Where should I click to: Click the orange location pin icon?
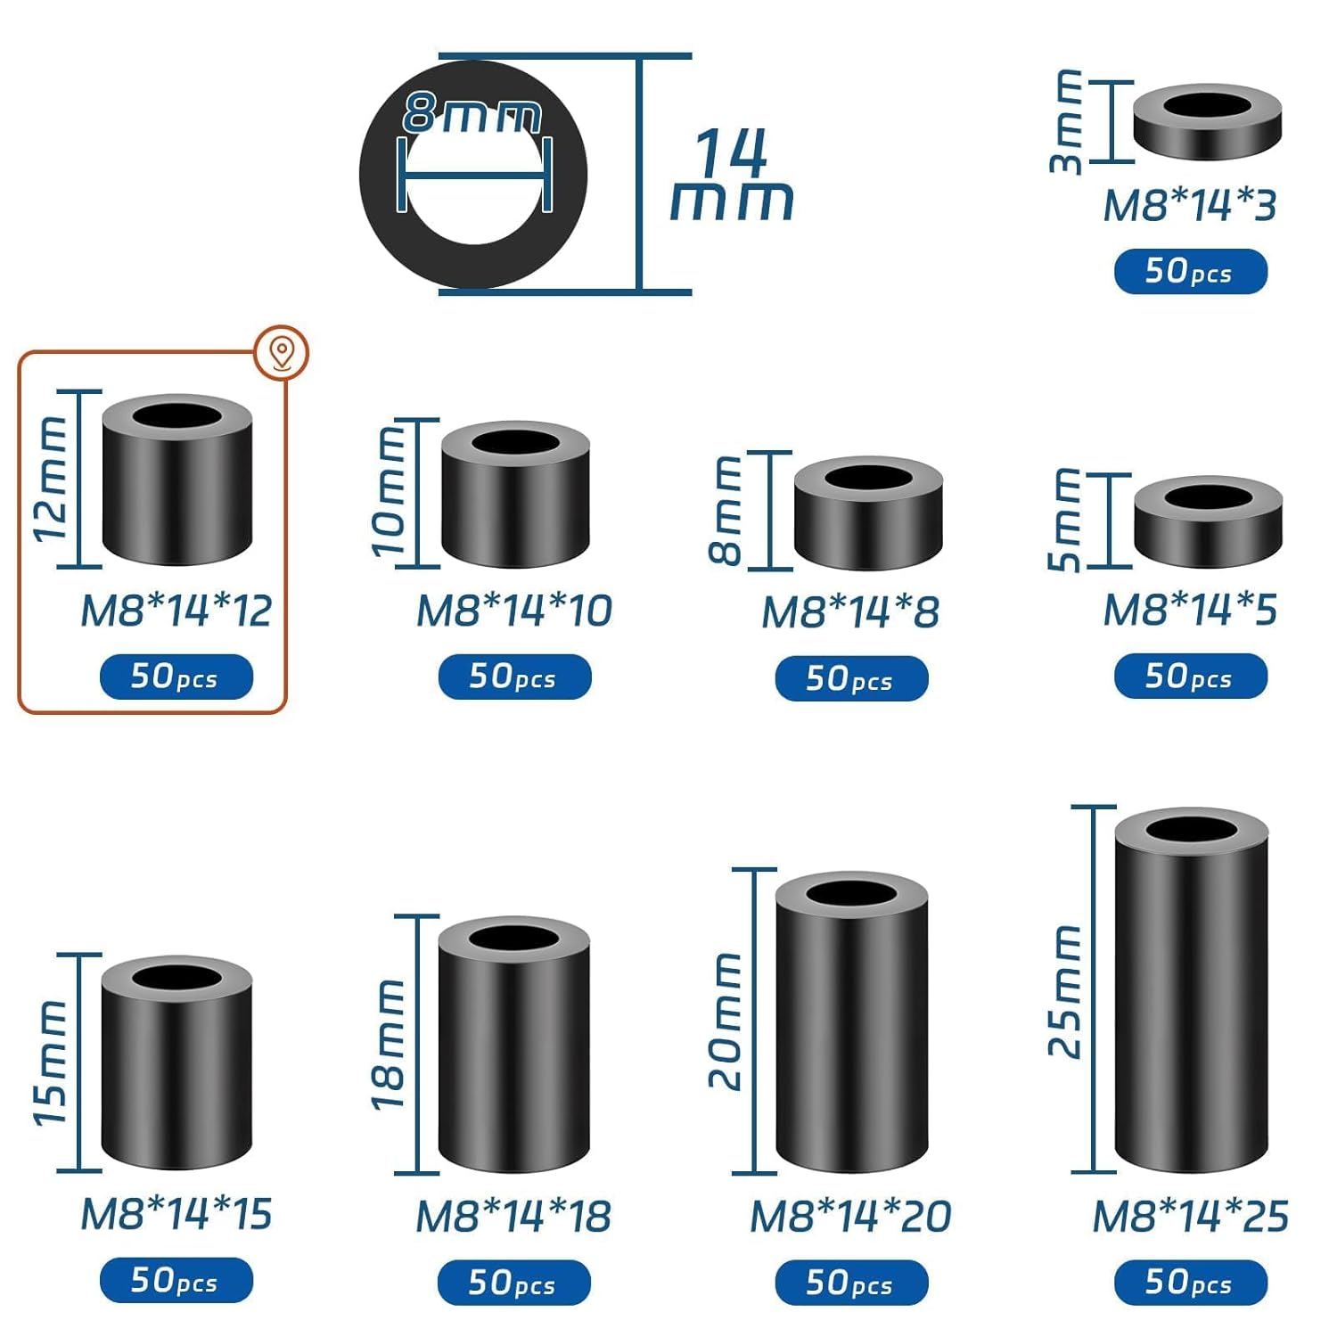click(282, 352)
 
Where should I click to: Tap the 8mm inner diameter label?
click(472, 113)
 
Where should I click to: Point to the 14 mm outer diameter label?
click(732, 175)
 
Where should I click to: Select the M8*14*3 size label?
click(1189, 205)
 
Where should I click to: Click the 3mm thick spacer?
click(1207, 121)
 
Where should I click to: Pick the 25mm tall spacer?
click(1191, 990)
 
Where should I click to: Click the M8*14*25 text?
click(1190, 1216)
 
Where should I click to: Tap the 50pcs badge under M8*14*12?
click(176, 677)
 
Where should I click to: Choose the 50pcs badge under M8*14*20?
click(851, 1283)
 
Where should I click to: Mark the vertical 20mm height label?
click(726, 1021)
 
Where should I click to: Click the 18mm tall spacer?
click(513, 1045)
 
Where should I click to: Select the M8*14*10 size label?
click(514, 611)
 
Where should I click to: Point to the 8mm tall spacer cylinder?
click(868, 513)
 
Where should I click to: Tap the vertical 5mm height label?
click(1064, 520)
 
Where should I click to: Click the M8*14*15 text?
click(176, 1214)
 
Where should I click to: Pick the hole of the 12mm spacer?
click(177, 416)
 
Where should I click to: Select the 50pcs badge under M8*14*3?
click(1191, 271)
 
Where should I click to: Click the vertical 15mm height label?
click(50, 1062)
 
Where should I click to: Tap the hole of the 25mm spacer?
click(1192, 831)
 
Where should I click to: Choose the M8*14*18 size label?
click(513, 1217)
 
